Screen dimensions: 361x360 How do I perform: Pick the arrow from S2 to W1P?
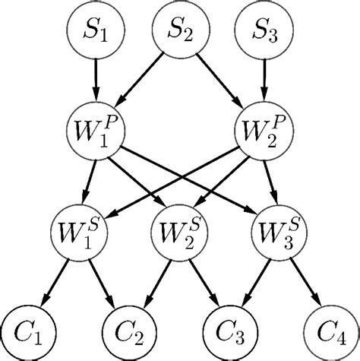[140, 77]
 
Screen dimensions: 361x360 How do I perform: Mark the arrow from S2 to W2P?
[220, 77]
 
